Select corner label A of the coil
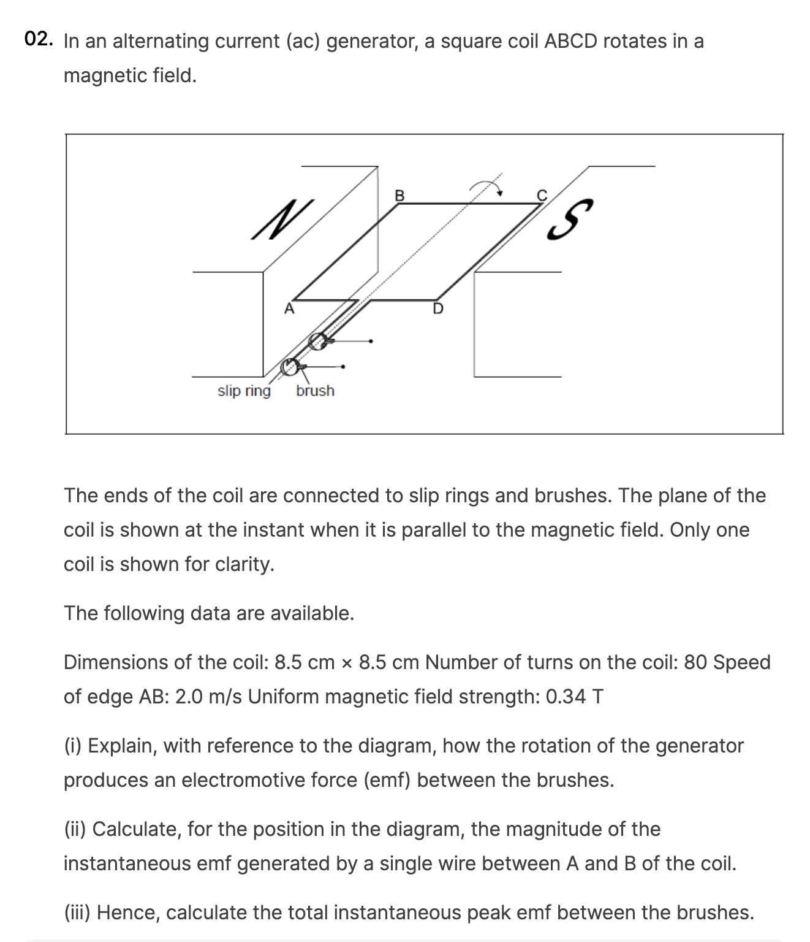point(289,309)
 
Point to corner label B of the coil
point(399,196)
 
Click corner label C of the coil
point(541,195)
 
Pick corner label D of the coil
point(437,308)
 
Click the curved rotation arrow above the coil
point(486,185)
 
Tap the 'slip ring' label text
point(244,391)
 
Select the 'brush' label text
point(315,391)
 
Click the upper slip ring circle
point(317,341)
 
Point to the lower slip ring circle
point(289,367)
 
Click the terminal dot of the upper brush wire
point(371,340)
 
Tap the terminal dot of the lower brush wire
point(343,367)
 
